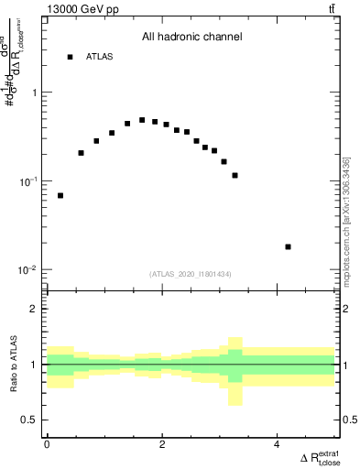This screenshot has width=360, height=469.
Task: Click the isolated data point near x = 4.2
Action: (289, 246)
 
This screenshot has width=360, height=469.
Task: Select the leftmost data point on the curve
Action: (60, 195)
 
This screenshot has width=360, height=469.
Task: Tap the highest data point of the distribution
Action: (142, 120)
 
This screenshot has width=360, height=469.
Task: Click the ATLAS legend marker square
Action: (70, 57)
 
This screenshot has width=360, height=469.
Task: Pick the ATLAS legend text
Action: (99, 57)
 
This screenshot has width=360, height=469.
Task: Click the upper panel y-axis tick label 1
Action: (34, 93)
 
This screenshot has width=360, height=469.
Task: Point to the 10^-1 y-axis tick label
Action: (29, 181)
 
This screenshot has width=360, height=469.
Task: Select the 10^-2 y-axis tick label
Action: (29, 270)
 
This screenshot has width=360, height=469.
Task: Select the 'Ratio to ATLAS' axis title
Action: (11, 365)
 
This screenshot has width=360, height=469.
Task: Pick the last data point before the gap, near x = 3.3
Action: (235, 175)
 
